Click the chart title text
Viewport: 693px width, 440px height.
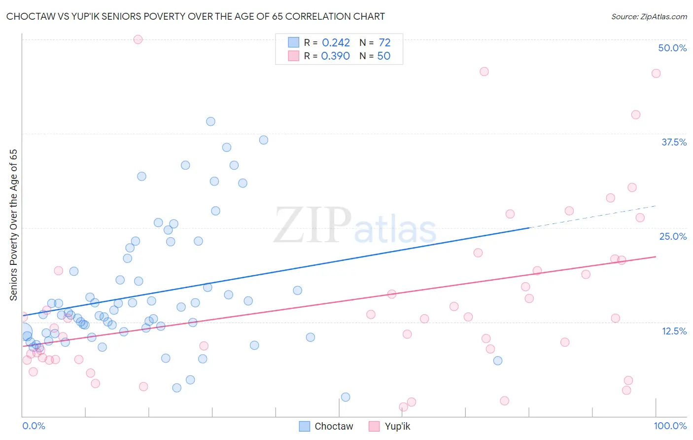[196, 16]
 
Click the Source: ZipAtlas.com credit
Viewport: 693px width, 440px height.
[649, 16]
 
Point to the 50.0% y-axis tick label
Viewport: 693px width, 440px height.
[672, 48]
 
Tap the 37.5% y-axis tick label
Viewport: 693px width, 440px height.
[674, 142]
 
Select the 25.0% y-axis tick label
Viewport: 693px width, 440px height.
[673, 236]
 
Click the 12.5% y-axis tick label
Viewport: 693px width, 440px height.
[674, 331]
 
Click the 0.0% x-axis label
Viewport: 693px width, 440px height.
[34, 426]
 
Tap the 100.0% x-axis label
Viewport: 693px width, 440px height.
[670, 426]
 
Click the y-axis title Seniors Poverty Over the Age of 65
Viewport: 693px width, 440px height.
[14, 225]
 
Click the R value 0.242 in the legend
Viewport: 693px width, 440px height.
[336, 43]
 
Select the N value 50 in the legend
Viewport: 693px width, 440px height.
[383, 56]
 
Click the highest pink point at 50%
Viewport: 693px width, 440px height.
[138, 39]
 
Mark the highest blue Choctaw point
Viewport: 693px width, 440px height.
[210, 121]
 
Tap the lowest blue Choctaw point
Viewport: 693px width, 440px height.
[346, 397]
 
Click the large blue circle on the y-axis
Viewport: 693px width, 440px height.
[23, 332]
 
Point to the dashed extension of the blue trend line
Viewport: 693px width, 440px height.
[591, 217]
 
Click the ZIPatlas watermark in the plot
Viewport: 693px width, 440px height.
[355, 226]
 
